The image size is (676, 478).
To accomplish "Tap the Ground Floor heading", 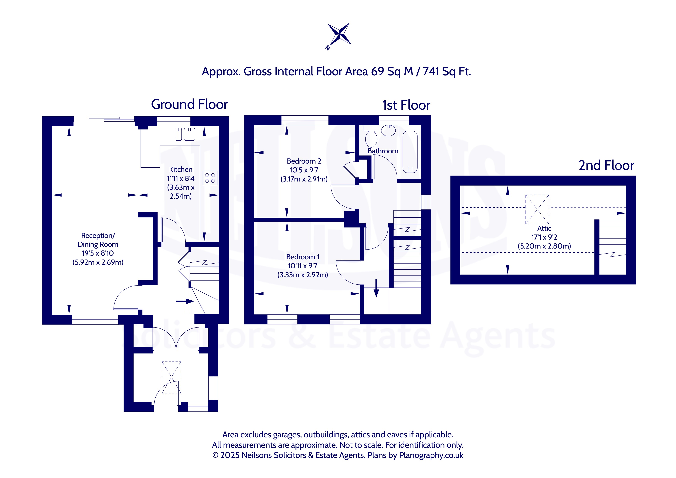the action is [x=189, y=104].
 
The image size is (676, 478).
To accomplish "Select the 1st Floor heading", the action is [x=406, y=105].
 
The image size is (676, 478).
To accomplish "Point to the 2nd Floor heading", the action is [x=606, y=165].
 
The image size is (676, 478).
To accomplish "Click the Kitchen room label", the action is [x=181, y=170].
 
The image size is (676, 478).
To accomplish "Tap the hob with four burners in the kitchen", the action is [x=210, y=178].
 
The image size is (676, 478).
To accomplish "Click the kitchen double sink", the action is [x=185, y=134].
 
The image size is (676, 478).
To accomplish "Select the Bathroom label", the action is [x=383, y=151].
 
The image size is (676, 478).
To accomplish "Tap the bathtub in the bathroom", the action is [x=410, y=152].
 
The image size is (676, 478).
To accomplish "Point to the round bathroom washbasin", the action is [x=388, y=130].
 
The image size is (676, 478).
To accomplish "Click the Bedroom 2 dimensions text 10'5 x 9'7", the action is [x=304, y=170].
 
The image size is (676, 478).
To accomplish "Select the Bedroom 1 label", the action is [x=303, y=257].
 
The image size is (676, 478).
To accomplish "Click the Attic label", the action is [x=544, y=228].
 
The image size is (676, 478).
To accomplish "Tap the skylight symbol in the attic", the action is [x=537, y=209].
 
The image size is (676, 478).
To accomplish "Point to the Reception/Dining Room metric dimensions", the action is [x=98, y=262].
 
